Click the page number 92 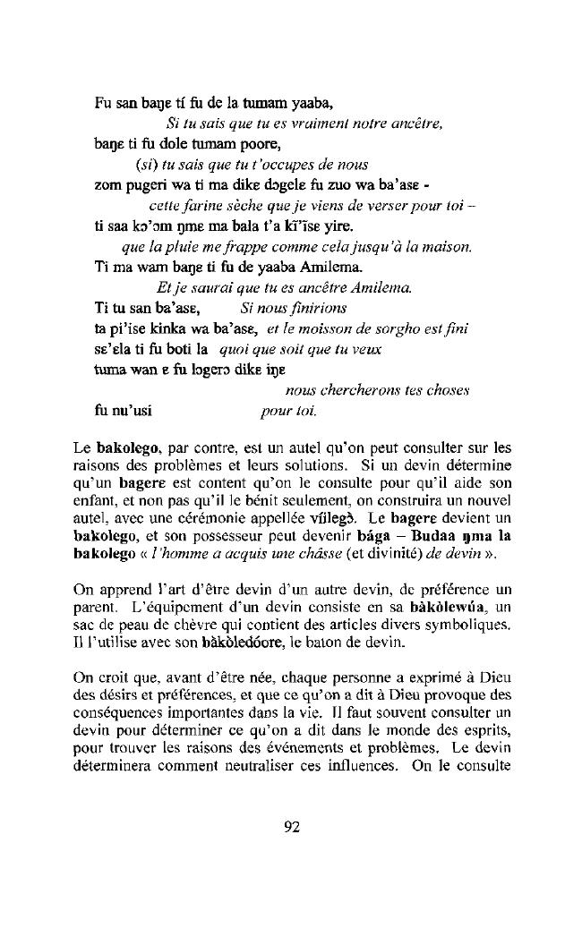pos(291,826)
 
